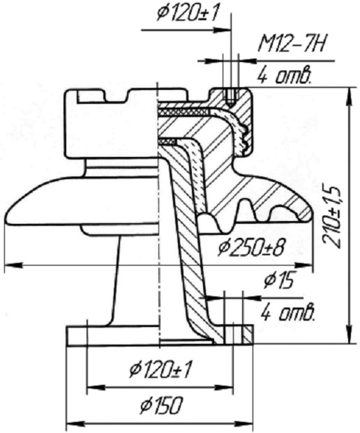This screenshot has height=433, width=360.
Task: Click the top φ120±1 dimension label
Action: click(x=188, y=13)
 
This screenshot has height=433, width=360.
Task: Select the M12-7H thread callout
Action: click(x=291, y=45)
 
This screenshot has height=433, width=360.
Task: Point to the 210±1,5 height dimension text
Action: click(x=332, y=218)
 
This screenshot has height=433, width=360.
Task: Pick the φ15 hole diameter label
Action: click(x=278, y=281)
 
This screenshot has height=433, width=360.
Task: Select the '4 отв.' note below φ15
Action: click(x=288, y=313)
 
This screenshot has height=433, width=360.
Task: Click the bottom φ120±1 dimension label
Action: click(x=161, y=371)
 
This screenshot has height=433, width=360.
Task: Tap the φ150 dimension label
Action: click(x=162, y=405)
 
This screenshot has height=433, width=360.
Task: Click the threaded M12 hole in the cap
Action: click(x=230, y=97)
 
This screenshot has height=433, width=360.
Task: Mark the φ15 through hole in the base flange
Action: click(x=234, y=335)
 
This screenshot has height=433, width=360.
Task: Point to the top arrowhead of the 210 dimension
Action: click(x=350, y=96)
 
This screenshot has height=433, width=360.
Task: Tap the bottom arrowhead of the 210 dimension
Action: click(x=350, y=335)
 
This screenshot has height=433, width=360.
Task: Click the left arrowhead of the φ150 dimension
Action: click(x=75, y=423)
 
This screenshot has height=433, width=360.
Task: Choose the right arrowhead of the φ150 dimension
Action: click(x=244, y=423)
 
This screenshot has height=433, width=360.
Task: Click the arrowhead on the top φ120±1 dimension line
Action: click(x=222, y=30)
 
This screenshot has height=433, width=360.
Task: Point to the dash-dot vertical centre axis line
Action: click(x=158, y=215)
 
